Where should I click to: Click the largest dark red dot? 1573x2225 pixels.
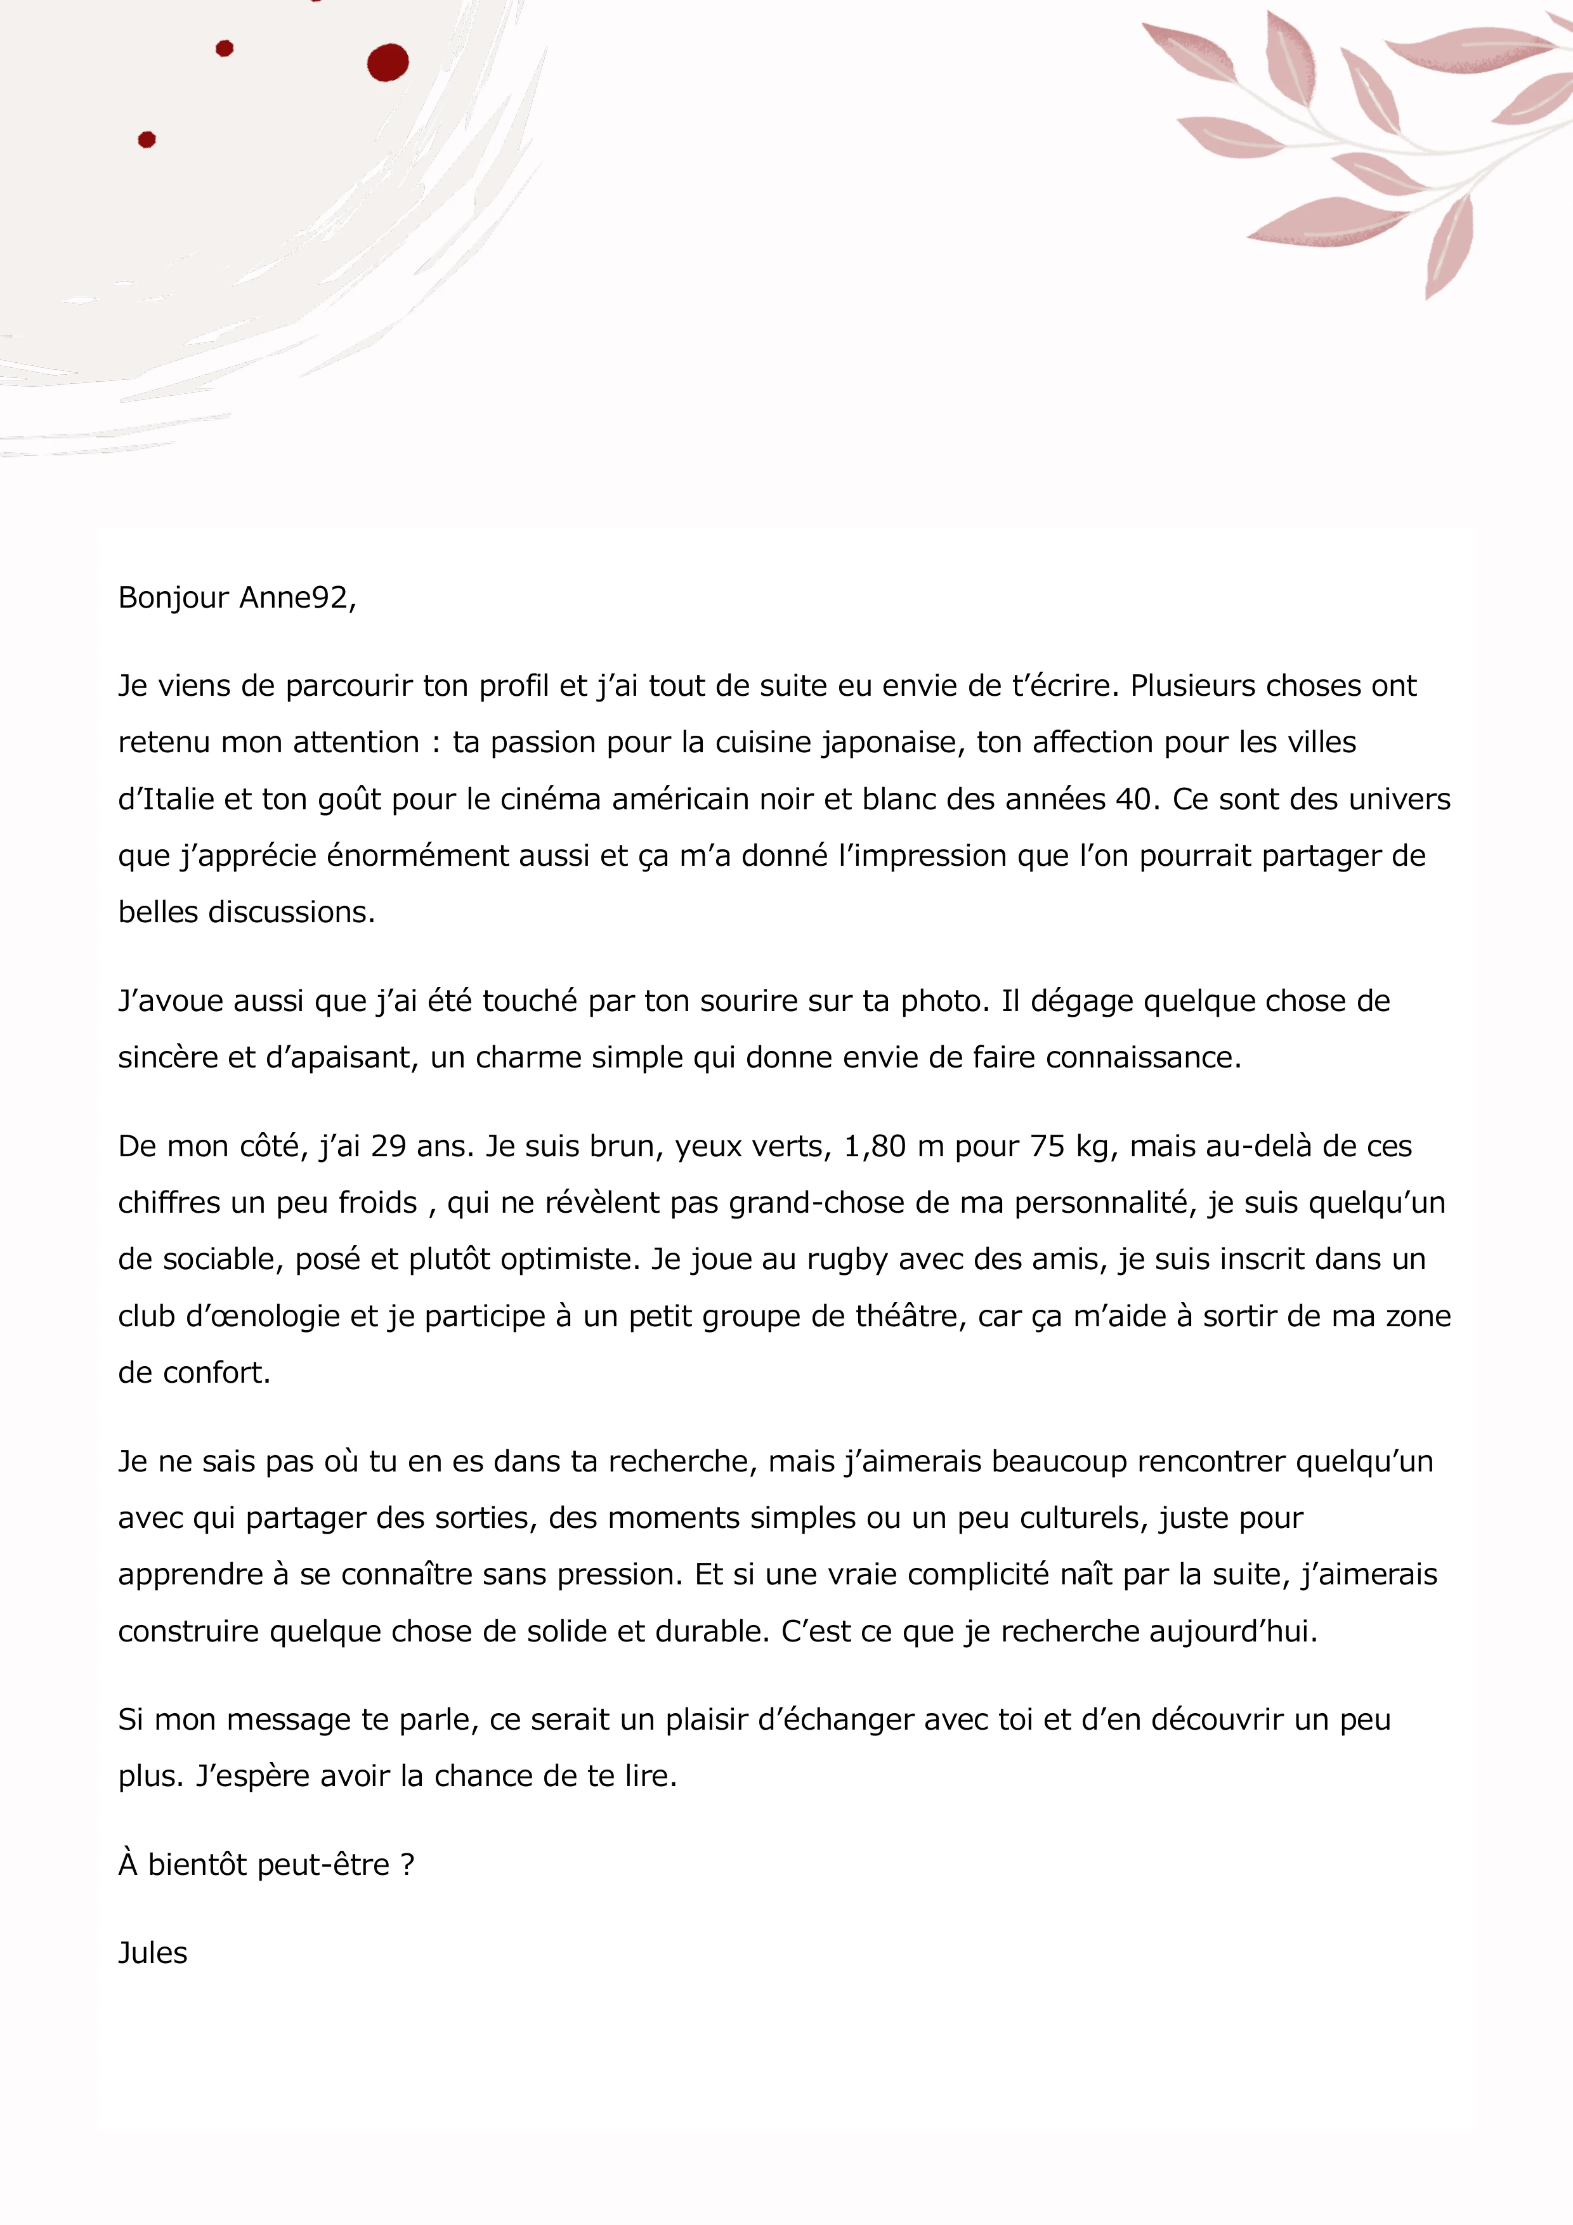point(388,63)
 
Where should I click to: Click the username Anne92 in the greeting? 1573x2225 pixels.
point(295,598)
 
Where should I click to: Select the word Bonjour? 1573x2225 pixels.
point(174,598)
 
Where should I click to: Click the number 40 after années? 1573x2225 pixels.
point(1133,799)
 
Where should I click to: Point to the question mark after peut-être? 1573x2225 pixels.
point(407,1865)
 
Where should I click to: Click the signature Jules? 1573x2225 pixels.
point(153,1954)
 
